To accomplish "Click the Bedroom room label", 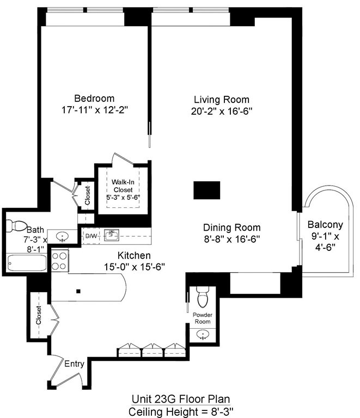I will [x=94, y=99].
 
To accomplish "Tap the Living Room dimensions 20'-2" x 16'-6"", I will [x=222, y=111].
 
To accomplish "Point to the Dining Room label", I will [x=231, y=228].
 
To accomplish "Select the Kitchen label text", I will [x=134, y=255].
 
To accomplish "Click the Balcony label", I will [x=325, y=224].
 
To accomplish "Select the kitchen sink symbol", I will [x=112, y=235].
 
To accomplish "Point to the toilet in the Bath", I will [x=18, y=225].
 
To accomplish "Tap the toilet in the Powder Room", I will [x=203, y=298].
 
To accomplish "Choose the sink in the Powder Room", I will [x=203, y=334].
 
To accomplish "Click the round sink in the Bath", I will [x=63, y=237].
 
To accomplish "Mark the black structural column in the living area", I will [x=207, y=190].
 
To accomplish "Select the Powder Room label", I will [x=204, y=318].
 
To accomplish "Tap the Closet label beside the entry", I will [x=39, y=315].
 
